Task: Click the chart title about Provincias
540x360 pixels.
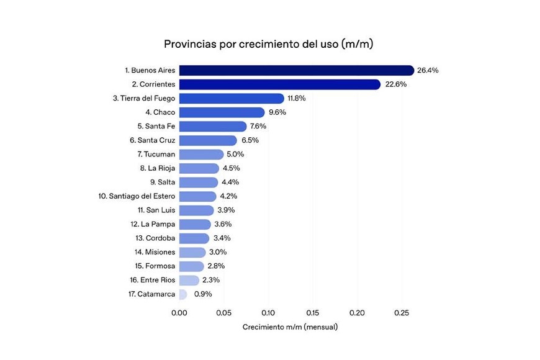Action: click(x=268, y=44)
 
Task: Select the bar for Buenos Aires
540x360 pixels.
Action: click(x=296, y=71)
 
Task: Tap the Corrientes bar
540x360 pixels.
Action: click(x=279, y=84)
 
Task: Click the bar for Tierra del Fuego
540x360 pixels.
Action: click(x=231, y=98)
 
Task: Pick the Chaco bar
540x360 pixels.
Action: click(x=222, y=112)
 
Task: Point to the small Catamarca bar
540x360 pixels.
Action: click(x=182, y=294)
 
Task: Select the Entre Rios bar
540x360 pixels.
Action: click(x=189, y=280)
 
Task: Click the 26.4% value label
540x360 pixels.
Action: click(x=428, y=71)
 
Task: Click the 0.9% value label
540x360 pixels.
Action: click(x=203, y=294)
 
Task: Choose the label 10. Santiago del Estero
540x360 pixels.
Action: click(x=137, y=196)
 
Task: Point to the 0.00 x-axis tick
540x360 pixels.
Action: click(x=179, y=313)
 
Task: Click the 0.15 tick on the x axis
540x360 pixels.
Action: click(x=312, y=313)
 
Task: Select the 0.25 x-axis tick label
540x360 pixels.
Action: click(x=401, y=313)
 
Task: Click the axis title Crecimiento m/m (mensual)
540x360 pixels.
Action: click(x=290, y=327)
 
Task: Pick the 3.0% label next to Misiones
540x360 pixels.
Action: click(x=217, y=252)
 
